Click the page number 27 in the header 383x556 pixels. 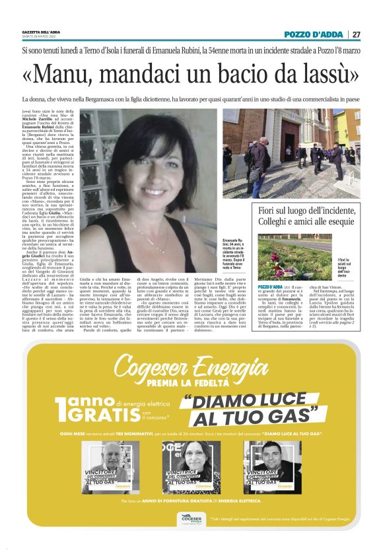coord(355,34)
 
